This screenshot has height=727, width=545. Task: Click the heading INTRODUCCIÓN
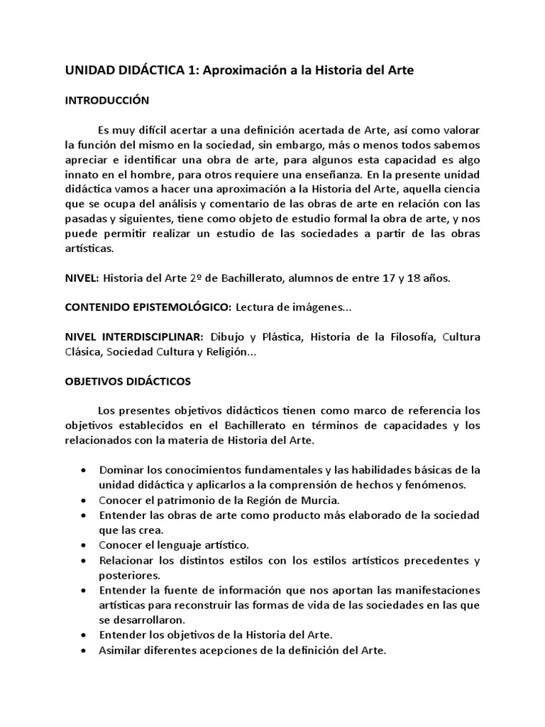pyautogui.click(x=107, y=100)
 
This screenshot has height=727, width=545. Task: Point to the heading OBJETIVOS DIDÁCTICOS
pyautogui.click(x=128, y=381)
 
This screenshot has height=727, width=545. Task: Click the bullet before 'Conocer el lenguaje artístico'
pyautogui.click(x=85, y=545)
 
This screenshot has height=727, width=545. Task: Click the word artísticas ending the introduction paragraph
pyautogui.click(x=89, y=249)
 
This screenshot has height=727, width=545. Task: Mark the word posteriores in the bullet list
pyautogui.click(x=131, y=575)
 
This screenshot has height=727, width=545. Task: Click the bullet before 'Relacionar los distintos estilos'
pyautogui.click(x=85, y=560)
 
